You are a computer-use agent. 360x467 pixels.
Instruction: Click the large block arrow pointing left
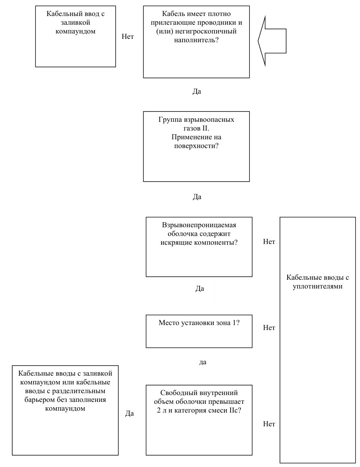click(x=272, y=41)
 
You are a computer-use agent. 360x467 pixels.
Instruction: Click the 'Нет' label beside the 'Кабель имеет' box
click(x=128, y=37)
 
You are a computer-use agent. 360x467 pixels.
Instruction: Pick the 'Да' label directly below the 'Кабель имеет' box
click(x=197, y=91)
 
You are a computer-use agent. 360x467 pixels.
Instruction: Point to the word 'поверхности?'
click(x=196, y=146)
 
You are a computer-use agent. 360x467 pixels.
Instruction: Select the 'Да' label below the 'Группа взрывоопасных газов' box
click(x=197, y=197)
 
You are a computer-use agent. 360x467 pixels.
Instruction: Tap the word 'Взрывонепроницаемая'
click(x=199, y=225)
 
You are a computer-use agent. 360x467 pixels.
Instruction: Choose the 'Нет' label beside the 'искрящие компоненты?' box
click(x=269, y=242)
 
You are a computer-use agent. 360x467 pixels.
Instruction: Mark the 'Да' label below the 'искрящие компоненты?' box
click(x=200, y=288)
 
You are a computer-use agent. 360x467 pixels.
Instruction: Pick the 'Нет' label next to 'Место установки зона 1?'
click(x=269, y=328)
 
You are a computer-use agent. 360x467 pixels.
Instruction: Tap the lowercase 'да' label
click(x=203, y=362)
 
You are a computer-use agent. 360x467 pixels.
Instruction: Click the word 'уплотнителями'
click(x=317, y=287)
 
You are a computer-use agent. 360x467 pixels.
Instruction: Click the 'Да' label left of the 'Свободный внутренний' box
click(x=130, y=413)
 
